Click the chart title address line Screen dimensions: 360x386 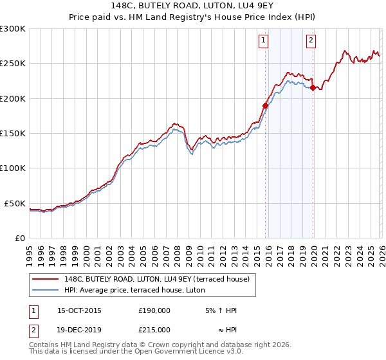tap(193, 6)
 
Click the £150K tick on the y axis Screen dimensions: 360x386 tap(13, 134)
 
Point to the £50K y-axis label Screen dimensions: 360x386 tap(15, 203)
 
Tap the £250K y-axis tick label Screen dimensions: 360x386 tap(13, 64)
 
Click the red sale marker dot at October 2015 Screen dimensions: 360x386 tap(265, 105)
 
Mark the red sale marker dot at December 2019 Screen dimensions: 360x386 tap(313, 87)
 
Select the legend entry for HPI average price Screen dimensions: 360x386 tap(134, 290)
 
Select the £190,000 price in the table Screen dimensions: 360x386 tap(154, 310)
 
